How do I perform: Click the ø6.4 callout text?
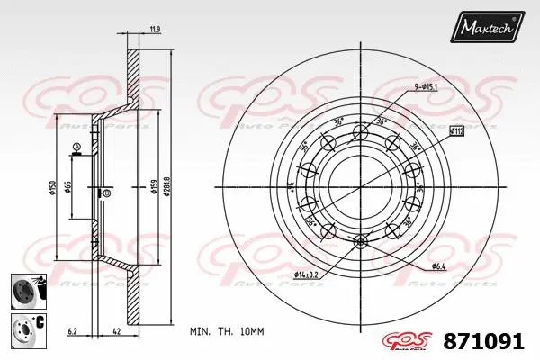pyautogui.click(x=439, y=266)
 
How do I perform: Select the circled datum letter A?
pyautogui.click(x=78, y=147)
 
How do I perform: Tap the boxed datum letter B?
pyautogui.click(x=106, y=193)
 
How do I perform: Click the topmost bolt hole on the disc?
pyautogui.click(x=361, y=133)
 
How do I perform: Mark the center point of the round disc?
pyautogui.click(x=361, y=186)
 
